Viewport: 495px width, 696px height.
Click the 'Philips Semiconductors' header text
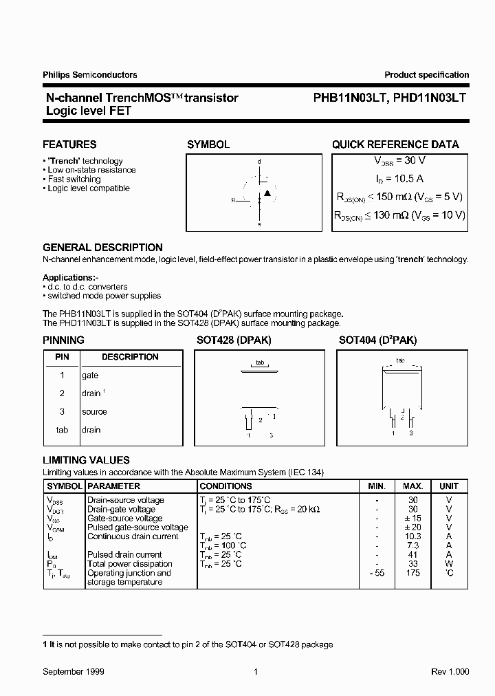point(89,75)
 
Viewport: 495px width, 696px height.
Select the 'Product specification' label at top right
point(426,75)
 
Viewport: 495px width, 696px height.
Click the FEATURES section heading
point(69,144)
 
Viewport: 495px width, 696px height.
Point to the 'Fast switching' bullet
point(74,180)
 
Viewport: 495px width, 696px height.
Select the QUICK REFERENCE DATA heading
point(395,144)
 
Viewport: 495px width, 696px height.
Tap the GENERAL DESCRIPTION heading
point(102,248)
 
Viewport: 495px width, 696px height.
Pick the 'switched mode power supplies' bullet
point(104,296)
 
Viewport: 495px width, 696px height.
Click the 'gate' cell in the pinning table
point(90,376)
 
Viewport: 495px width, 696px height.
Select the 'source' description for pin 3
point(94,412)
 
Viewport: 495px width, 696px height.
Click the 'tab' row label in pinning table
point(62,430)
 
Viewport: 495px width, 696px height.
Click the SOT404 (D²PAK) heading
point(377,340)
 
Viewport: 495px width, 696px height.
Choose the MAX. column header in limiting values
point(412,486)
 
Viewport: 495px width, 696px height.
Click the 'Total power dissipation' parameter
point(125,564)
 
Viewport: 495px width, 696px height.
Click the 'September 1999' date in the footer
point(74,671)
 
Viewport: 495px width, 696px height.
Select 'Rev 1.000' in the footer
point(450,671)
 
